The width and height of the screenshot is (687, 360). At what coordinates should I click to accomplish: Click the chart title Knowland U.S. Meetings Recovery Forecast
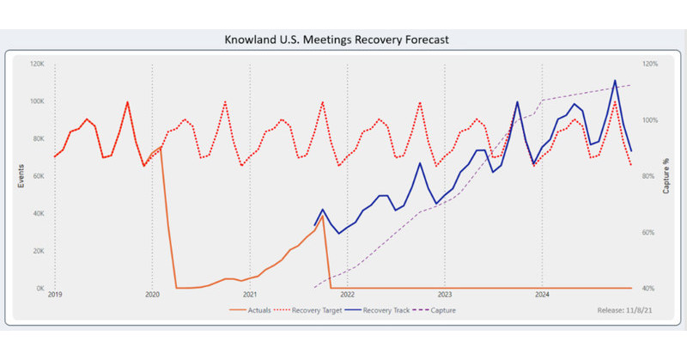(x=343, y=40)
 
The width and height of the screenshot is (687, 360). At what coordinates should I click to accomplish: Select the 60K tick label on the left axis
(x=38, y=176)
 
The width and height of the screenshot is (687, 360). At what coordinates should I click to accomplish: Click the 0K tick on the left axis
(x=40, y=289)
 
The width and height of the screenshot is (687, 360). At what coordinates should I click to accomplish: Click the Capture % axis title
(x=666, y=176)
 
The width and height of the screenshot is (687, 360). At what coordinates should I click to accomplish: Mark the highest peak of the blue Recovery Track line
(x=615, y=81)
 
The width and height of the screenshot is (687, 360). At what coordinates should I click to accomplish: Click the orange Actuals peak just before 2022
(x=322, y=217)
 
